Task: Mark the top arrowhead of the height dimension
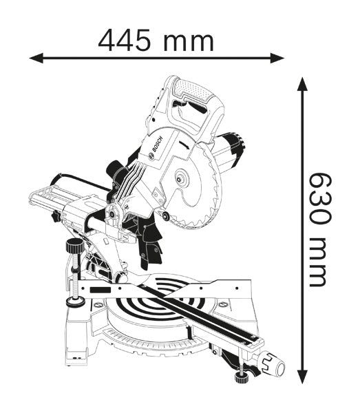coord(301,85)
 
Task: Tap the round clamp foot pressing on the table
coord(72,301)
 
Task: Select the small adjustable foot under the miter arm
coord(241,376)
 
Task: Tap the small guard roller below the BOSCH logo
coord(166,217)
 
